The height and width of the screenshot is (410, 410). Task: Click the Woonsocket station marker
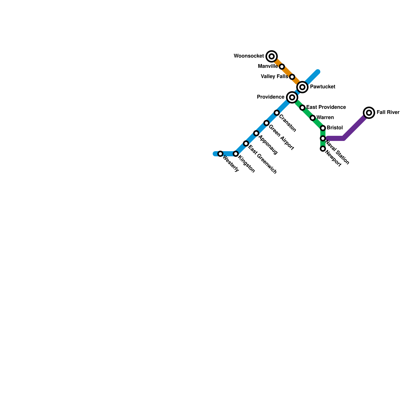(272, 56)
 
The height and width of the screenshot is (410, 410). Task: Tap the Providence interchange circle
(292, 97)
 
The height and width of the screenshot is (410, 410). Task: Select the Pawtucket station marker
(302, 87)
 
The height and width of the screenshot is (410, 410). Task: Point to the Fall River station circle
(369, 112)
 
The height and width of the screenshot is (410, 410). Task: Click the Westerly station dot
(220, 154)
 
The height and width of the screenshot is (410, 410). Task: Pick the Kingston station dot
(236, 154)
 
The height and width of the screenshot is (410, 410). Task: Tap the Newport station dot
(323, 149)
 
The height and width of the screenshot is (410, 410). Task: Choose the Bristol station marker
(323, 128)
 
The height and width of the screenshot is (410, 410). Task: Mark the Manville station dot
(282, 67)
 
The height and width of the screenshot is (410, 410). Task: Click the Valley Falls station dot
(292, 77)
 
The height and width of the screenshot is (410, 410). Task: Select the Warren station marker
(313, 118)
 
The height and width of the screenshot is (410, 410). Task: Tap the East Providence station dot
(302, 108)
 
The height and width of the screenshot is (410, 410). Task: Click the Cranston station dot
(277, 113)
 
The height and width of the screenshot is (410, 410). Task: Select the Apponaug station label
(268, 145)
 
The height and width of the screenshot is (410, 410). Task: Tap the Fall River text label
(388, 112)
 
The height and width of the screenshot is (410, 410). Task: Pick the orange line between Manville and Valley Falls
(287, 72)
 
